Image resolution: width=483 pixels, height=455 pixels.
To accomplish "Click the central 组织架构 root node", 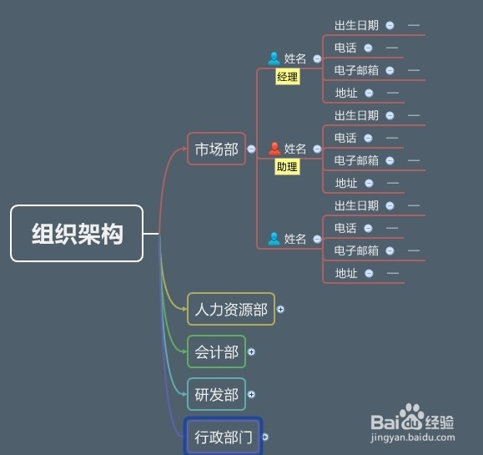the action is click(77, 234).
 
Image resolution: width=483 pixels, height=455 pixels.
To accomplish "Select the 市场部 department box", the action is click(216, 149).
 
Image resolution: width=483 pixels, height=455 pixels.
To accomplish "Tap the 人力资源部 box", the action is click(231, 309).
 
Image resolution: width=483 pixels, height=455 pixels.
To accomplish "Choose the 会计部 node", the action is click(216, 351).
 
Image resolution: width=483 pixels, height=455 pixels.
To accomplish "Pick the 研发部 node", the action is click(216, 394).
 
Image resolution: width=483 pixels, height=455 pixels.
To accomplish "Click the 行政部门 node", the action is click(223, 437).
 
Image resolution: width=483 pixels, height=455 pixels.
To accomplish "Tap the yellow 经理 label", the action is click(288, 77).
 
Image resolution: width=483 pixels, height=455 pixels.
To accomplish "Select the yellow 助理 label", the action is click(287, 167).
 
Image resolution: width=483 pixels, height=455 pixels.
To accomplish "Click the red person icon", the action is click(274, 149).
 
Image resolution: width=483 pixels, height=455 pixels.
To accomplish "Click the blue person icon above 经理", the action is click(274, 58).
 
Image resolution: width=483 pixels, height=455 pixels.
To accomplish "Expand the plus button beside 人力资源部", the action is click(280, 309).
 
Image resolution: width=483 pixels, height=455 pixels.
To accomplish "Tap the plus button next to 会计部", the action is click(251, 351).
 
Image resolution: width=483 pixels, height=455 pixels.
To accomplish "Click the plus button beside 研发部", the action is click(251, 394).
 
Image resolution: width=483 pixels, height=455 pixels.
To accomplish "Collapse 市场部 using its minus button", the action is click(251, 149).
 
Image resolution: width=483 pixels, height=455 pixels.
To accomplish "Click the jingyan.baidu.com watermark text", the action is click(413, 437).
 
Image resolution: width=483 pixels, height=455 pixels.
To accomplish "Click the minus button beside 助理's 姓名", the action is click(317, 149).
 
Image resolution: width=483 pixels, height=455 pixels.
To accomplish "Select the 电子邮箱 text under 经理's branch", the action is click(356, 70).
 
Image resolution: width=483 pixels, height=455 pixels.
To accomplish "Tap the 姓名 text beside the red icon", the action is click(294, 149).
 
